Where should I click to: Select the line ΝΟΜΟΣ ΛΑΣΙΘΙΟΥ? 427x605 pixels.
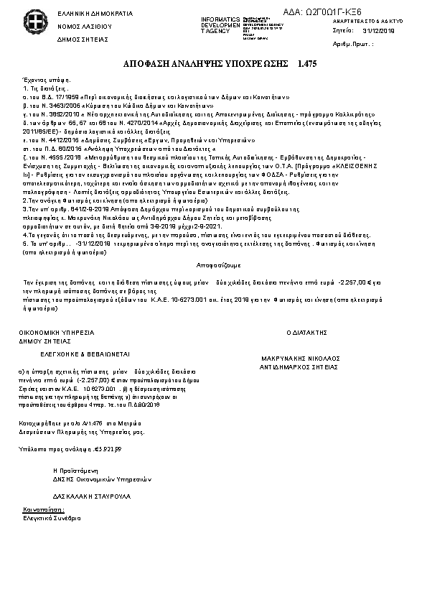tap(80, 25)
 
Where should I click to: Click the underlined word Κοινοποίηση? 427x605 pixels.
tap(38, 507)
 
